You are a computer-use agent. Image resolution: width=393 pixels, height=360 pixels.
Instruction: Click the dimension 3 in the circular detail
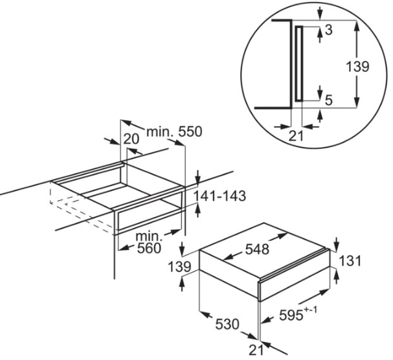[328, 30]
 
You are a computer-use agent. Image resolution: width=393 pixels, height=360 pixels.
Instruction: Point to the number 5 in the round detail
[328, 100]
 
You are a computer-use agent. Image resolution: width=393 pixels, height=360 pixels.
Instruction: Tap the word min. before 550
[157, 132]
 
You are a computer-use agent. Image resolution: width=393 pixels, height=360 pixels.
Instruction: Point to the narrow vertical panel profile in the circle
[298, 63]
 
